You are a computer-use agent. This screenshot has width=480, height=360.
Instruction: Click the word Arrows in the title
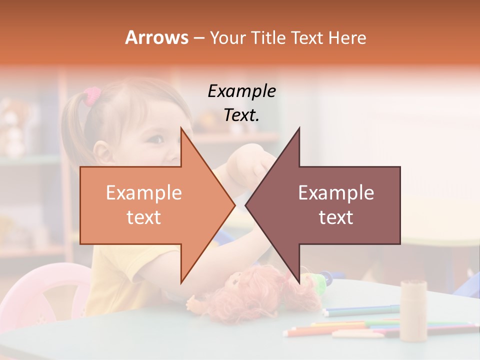pos(157,38)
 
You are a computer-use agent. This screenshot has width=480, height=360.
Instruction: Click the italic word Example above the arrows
pos(241,91)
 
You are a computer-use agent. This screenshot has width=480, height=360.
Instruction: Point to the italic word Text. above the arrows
pos(241,115)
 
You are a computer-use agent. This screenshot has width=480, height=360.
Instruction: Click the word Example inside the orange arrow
pos(143,193)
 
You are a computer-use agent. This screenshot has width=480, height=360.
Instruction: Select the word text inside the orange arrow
pos(143,217)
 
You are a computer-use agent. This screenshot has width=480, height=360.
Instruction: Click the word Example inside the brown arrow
pos(336,193)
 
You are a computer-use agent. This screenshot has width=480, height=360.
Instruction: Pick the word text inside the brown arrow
pos(336,217)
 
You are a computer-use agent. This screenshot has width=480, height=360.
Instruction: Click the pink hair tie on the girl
pos(92,95)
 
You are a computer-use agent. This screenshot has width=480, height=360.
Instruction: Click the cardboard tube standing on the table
pos(413,310)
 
